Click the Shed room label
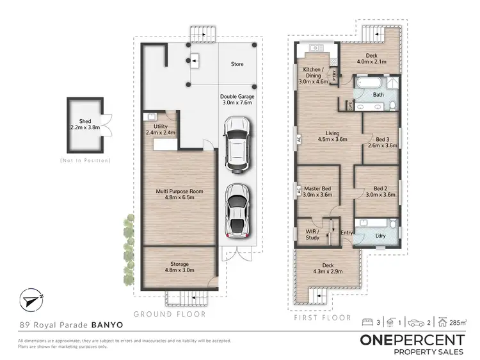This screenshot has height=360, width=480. click(x=85, y=124)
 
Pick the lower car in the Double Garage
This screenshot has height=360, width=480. click(x=237, y=211)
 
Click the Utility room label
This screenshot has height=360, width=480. click(x=161, y=130)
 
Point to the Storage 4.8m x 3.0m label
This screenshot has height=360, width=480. click(x=179, y=267)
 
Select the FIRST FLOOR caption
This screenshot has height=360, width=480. click(x=323, y=318)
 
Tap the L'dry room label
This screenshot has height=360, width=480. click(x=381, y=236)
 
